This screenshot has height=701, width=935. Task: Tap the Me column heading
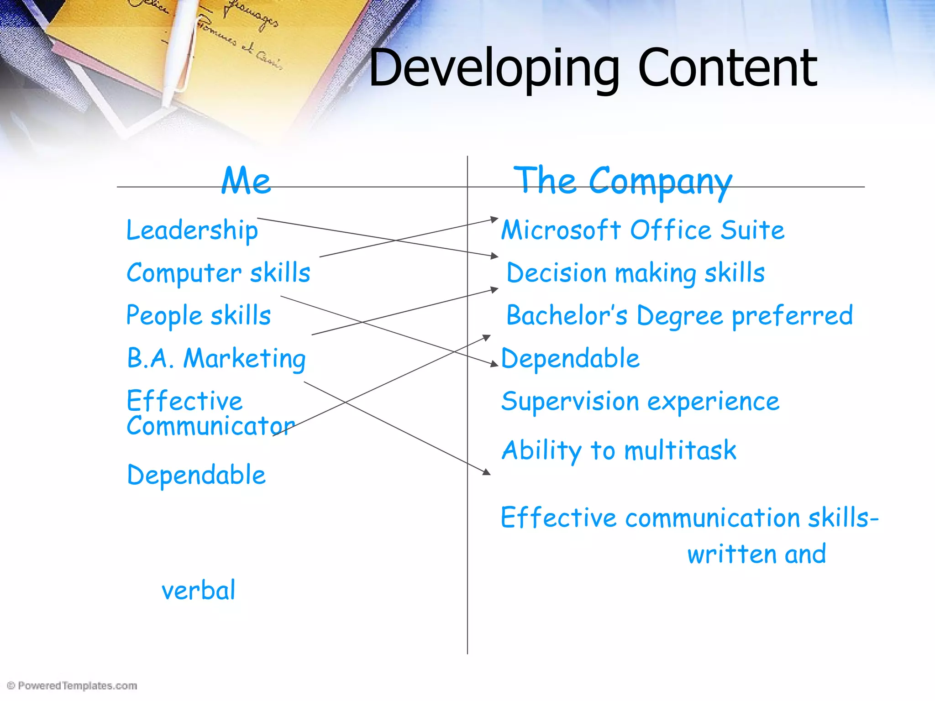coord(246,181)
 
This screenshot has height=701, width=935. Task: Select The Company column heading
coord(623,181)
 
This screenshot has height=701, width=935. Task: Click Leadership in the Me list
coord(192,230)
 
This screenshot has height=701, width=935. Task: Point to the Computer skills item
coord(218,273)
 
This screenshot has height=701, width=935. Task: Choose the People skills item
coord(199,315)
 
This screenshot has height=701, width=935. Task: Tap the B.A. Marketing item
coord(216,358)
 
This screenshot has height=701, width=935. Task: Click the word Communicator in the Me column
coord(210,426)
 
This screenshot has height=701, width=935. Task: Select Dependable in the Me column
coord(196,475)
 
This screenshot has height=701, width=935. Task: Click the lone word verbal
coord(199,590)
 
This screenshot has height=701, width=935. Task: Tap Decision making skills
coord(636,273)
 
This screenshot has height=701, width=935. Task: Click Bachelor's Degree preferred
coord(679,315)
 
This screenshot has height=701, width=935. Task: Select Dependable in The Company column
coord(570,358)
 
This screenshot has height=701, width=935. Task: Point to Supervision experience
coord(640,402)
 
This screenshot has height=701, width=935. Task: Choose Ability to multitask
coord(619,450)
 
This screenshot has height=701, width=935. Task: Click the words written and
coord(756,554)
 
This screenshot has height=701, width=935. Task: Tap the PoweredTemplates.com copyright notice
coord(73,685)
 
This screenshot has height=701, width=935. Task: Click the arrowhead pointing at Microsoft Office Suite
coord(494,220)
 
